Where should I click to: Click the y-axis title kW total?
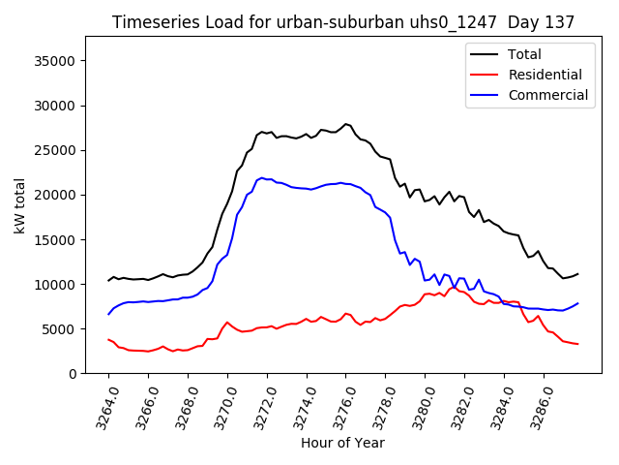tap(20, 205)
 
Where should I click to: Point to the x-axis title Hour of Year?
tap(342, 443)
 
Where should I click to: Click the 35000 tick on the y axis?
tap(54, 61)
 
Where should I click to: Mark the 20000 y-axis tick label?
tap(54, 195)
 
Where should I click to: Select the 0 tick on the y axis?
tap(73, 374)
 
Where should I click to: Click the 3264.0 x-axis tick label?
tap(102, 407)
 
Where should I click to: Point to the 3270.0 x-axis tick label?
tap(221, 407)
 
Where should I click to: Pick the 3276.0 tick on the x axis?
tap(339, 407)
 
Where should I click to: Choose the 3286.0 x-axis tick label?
tap(537, 407)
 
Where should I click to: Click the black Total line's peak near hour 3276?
tap(345, 124)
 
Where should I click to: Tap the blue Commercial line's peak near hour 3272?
tap(262, 178)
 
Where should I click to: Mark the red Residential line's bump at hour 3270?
tap(227, 323)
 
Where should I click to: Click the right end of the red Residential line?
tap(577, 344)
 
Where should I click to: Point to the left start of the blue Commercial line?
tap(108, 314)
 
